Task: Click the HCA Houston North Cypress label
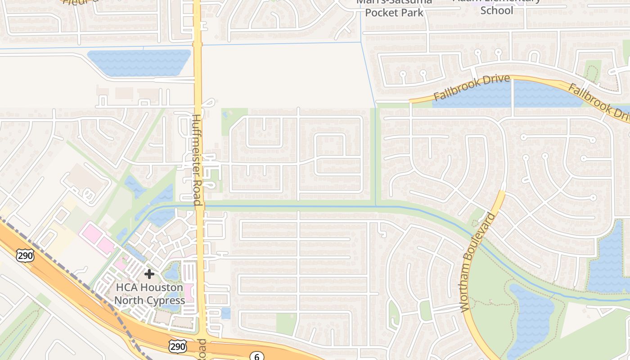[x=149, y=294]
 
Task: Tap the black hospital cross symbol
[x=149, y=274]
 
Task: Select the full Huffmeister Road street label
[x=197, y=160]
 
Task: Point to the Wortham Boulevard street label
[x=478, y=262]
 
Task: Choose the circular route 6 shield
[x=257, y=357]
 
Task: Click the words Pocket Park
[x=394, y=13]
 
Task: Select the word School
[x=497, y=10]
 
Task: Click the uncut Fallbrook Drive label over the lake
[x=472, y=88]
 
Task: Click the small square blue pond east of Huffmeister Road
[x=226, y=313]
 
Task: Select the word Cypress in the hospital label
[x=167, y=300]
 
